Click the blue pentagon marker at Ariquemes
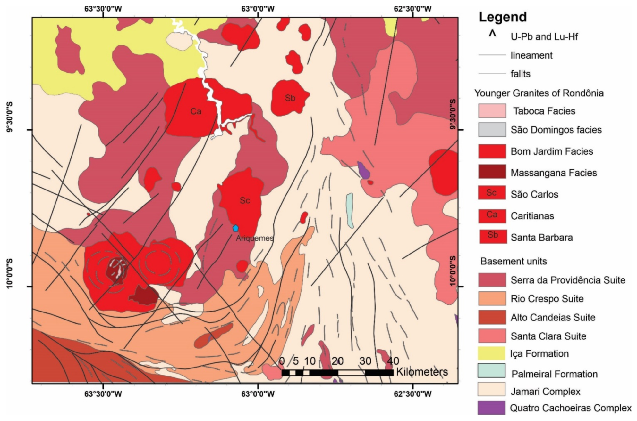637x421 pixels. pyautogui.click(x=235, y=228)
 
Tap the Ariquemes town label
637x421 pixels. pyautogui.click(x=255, y=238)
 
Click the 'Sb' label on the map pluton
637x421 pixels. pyautogui.click(x=290, y=98)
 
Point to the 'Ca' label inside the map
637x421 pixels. pyautogui.click(x=196, y=111)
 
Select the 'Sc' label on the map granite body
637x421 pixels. pyautogui.click(x=245, y=200)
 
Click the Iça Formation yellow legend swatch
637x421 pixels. pyautogui.click(x=491, y=353)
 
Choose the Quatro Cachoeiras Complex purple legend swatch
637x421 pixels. pyautogui.click(x=491, y=408)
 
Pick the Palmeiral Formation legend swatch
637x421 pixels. pyautogui.click(x=491, y=370)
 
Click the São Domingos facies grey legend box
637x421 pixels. pyautogui.click(x=492, y=130)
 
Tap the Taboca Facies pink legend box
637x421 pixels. pyautogui.click(x=492, y=111)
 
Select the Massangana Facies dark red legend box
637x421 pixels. pyautogui.click(x=492, y=172)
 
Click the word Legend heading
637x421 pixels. pyautogui.click(x=503, y=17)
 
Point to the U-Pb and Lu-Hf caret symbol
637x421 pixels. pyautogui.click(x=492, y=34)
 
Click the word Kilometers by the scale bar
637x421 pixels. pyautogui.click(x=422, y=372)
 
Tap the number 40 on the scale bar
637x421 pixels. pyautogui.click(x=393, y=361)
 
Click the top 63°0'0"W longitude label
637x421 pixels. pyautogui.click(x=258, y=9)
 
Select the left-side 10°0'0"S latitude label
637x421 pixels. pyautogui.click(x=10, y=273)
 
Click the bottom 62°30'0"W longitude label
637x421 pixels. pyautogui.click(x=412, y=393)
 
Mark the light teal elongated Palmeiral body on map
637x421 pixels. pyautogui.click(x=350, y=210)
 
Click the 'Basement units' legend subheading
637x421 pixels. pyautogui.click(x=513, y=261)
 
